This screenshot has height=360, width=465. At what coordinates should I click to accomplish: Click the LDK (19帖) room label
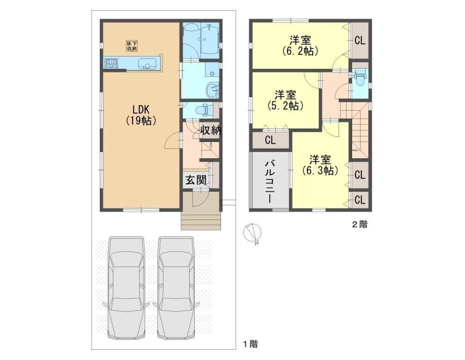141,115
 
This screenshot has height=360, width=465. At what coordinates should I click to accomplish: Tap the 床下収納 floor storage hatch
132,46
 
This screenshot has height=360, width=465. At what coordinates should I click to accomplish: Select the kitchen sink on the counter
147,63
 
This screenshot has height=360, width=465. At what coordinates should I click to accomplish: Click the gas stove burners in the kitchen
111,63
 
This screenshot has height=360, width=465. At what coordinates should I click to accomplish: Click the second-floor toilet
360,77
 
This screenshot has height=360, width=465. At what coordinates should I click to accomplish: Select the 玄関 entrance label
196,180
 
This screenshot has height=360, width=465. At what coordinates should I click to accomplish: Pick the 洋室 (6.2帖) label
300,45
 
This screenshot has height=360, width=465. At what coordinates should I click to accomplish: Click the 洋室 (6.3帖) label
320,165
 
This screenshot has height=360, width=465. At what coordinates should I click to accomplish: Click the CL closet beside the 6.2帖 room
360,40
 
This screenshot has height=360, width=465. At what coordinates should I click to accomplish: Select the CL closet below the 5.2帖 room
270,140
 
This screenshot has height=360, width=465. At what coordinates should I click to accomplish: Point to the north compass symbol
251,232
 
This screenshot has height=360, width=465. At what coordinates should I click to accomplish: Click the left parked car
126,287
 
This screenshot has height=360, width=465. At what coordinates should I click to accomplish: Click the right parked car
176,287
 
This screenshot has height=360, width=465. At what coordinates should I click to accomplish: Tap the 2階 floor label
360,225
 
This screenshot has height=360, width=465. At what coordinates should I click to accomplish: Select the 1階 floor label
251,344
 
